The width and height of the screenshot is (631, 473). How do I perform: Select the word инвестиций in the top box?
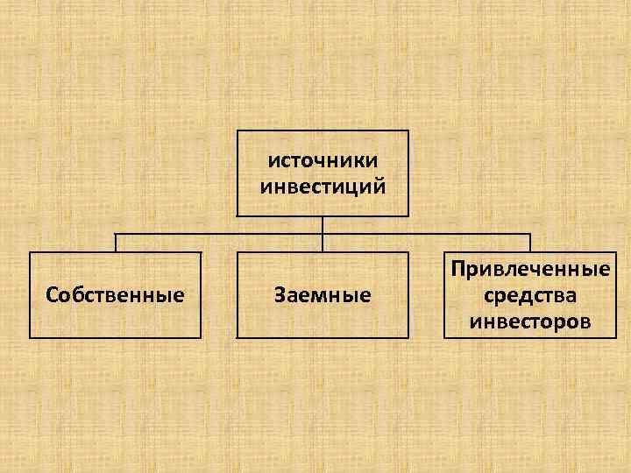tap(323, 185)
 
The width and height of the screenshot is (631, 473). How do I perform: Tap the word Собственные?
tap(115, 295)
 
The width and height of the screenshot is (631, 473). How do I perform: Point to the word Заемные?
tap(323, 295)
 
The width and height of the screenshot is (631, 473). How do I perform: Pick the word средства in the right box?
tap(530, 295)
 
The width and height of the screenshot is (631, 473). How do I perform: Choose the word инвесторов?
tap(530, 322)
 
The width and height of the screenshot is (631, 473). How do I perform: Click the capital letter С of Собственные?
tap(51, 295)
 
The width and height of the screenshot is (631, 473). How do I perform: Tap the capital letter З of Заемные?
tap(280, 295)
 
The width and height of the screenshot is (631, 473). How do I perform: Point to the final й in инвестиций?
tap(379, 185)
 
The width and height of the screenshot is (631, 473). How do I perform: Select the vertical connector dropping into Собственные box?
tap(115, 244)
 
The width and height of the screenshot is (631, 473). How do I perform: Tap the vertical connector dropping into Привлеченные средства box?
tap(530, 244)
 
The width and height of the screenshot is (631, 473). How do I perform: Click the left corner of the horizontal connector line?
tap(115, 235)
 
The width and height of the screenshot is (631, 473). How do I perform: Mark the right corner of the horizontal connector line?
tap(530, 235)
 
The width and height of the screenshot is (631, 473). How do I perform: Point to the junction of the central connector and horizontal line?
tap(323, 235)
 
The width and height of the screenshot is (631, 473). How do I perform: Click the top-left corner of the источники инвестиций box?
tap(237, 131)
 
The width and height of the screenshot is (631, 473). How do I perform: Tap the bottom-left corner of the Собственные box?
tap(29, 338)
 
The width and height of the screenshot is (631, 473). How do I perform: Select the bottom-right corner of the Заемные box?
tap(408, 338)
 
